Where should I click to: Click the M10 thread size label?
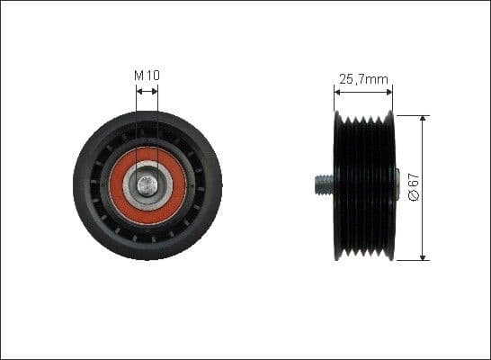tap(147, 76)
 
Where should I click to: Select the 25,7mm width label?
tap(363, 79)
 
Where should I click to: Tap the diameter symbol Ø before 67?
tap(411, 197)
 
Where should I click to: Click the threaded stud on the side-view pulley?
tap(323, 186)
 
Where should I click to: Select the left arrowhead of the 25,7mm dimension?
tap(338, 91)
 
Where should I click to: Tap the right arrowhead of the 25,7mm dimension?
tap(389, 91)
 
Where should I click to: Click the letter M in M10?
tap(139, 76)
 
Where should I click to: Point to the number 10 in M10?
tap(152, 76)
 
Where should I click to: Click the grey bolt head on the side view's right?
tap(397, 186)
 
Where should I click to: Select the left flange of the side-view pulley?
tap(338, 186)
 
